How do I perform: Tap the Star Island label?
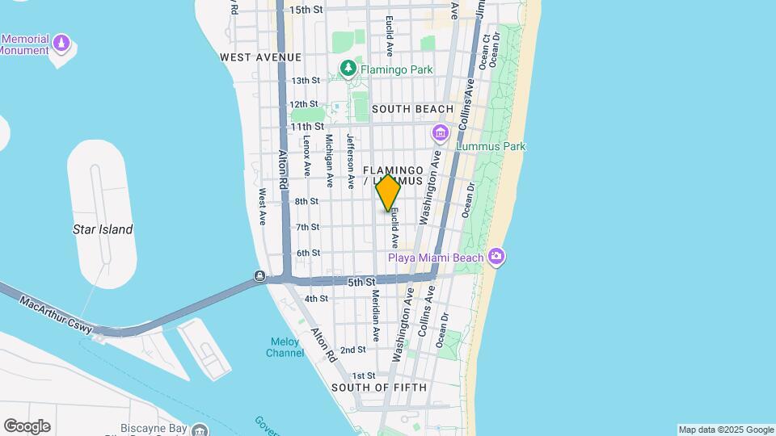(103, 229)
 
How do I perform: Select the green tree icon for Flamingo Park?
(348, 69)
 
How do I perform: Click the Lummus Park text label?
(491, 146)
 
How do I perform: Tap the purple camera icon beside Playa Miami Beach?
(496, 258)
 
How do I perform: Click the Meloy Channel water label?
(285, 347)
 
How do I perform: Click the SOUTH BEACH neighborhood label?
(412, 109)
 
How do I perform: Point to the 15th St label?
(306, 10)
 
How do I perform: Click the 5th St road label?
(362, 283)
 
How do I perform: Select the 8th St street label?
(306, 201)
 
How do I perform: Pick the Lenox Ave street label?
(307, 156)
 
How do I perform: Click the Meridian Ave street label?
(376, 315)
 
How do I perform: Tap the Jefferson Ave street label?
(351, 161)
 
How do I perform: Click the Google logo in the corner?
(27, 426)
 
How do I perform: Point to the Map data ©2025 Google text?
(726, 430)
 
